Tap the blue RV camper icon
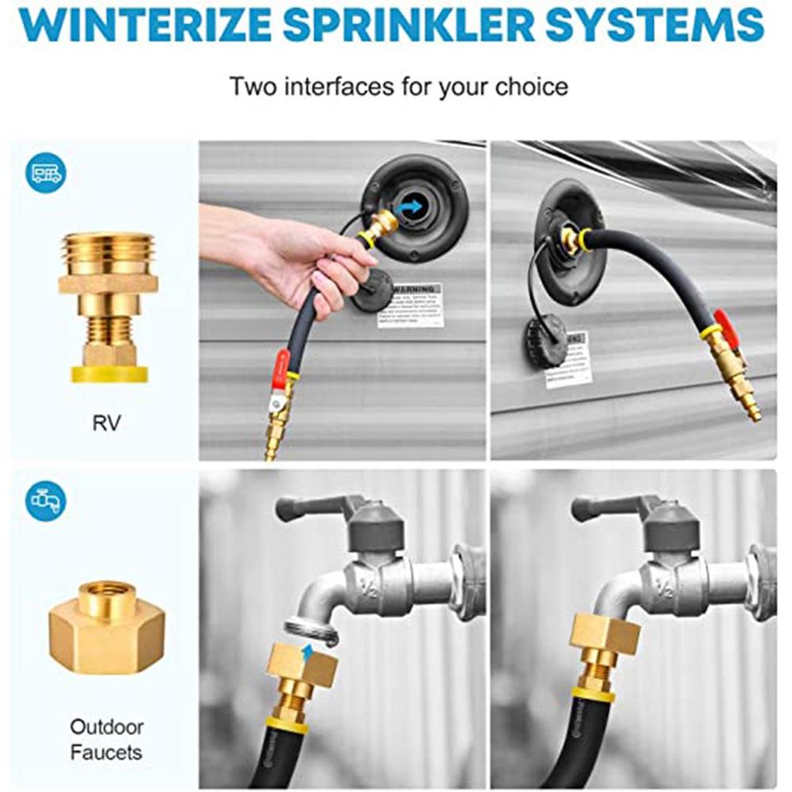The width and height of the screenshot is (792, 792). (x=47, y=173)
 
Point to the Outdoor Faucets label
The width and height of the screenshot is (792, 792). (x=106, y=739)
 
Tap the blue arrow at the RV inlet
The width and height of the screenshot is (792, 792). (x=409, y=208)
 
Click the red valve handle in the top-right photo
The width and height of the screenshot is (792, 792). (x=726, y=326)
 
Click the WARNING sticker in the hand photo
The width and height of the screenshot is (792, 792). (x=409, y=304)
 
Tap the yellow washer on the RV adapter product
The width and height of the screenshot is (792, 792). (x=109, y=373)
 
